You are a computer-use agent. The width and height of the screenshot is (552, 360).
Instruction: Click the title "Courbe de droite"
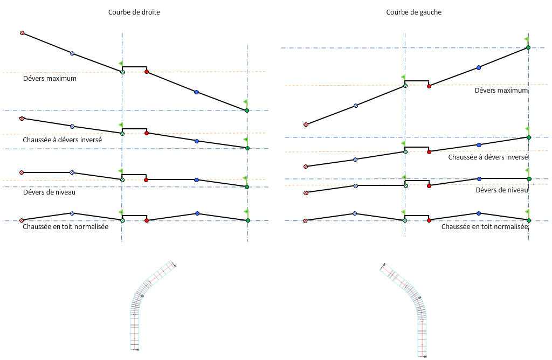pos(134,12)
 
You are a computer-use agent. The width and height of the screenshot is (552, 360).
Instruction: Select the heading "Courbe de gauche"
pos(414,12)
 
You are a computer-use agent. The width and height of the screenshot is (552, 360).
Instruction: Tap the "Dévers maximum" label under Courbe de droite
pos(50,79)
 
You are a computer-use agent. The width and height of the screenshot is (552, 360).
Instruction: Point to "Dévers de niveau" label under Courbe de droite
pos(49,192)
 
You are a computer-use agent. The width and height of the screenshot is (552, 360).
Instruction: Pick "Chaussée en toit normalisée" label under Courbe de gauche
pos(484,227)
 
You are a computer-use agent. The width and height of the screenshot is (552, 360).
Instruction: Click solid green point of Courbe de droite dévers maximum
pos(247,110)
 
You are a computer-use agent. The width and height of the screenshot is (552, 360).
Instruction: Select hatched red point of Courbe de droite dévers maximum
pos(22,33)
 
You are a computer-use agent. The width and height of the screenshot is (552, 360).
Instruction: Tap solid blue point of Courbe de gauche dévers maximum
pos(479,68)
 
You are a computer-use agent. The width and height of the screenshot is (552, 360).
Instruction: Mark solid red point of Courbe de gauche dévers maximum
pos(429,86)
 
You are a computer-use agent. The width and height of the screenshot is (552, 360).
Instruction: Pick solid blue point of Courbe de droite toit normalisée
pos(197,214)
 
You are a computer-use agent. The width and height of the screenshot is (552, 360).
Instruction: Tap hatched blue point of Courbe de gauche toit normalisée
pos(355,213)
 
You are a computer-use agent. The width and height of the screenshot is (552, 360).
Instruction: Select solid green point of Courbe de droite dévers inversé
pos(247,148)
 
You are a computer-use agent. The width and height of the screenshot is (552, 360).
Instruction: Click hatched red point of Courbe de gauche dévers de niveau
pos(306,192)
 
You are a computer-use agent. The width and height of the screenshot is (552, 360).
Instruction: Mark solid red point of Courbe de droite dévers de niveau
pos(147,179)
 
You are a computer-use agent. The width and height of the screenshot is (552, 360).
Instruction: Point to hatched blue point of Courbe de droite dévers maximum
pos(72,53)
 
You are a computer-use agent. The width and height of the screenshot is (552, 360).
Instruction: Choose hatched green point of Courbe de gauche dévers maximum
pos(405,86)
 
